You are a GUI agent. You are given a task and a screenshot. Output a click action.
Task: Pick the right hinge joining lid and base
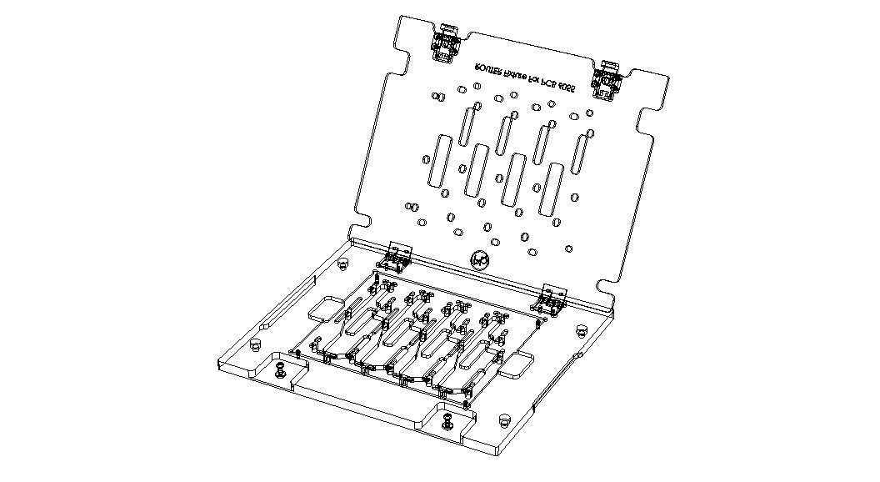click(551, 299)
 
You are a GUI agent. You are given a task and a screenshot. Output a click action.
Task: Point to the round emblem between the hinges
click(479, 260)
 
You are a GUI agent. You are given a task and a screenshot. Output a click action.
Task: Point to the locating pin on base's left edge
click(255, 344)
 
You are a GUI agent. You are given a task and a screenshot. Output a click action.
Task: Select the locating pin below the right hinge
click(582, 330)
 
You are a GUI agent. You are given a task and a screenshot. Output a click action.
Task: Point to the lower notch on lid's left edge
click(361, 218)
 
